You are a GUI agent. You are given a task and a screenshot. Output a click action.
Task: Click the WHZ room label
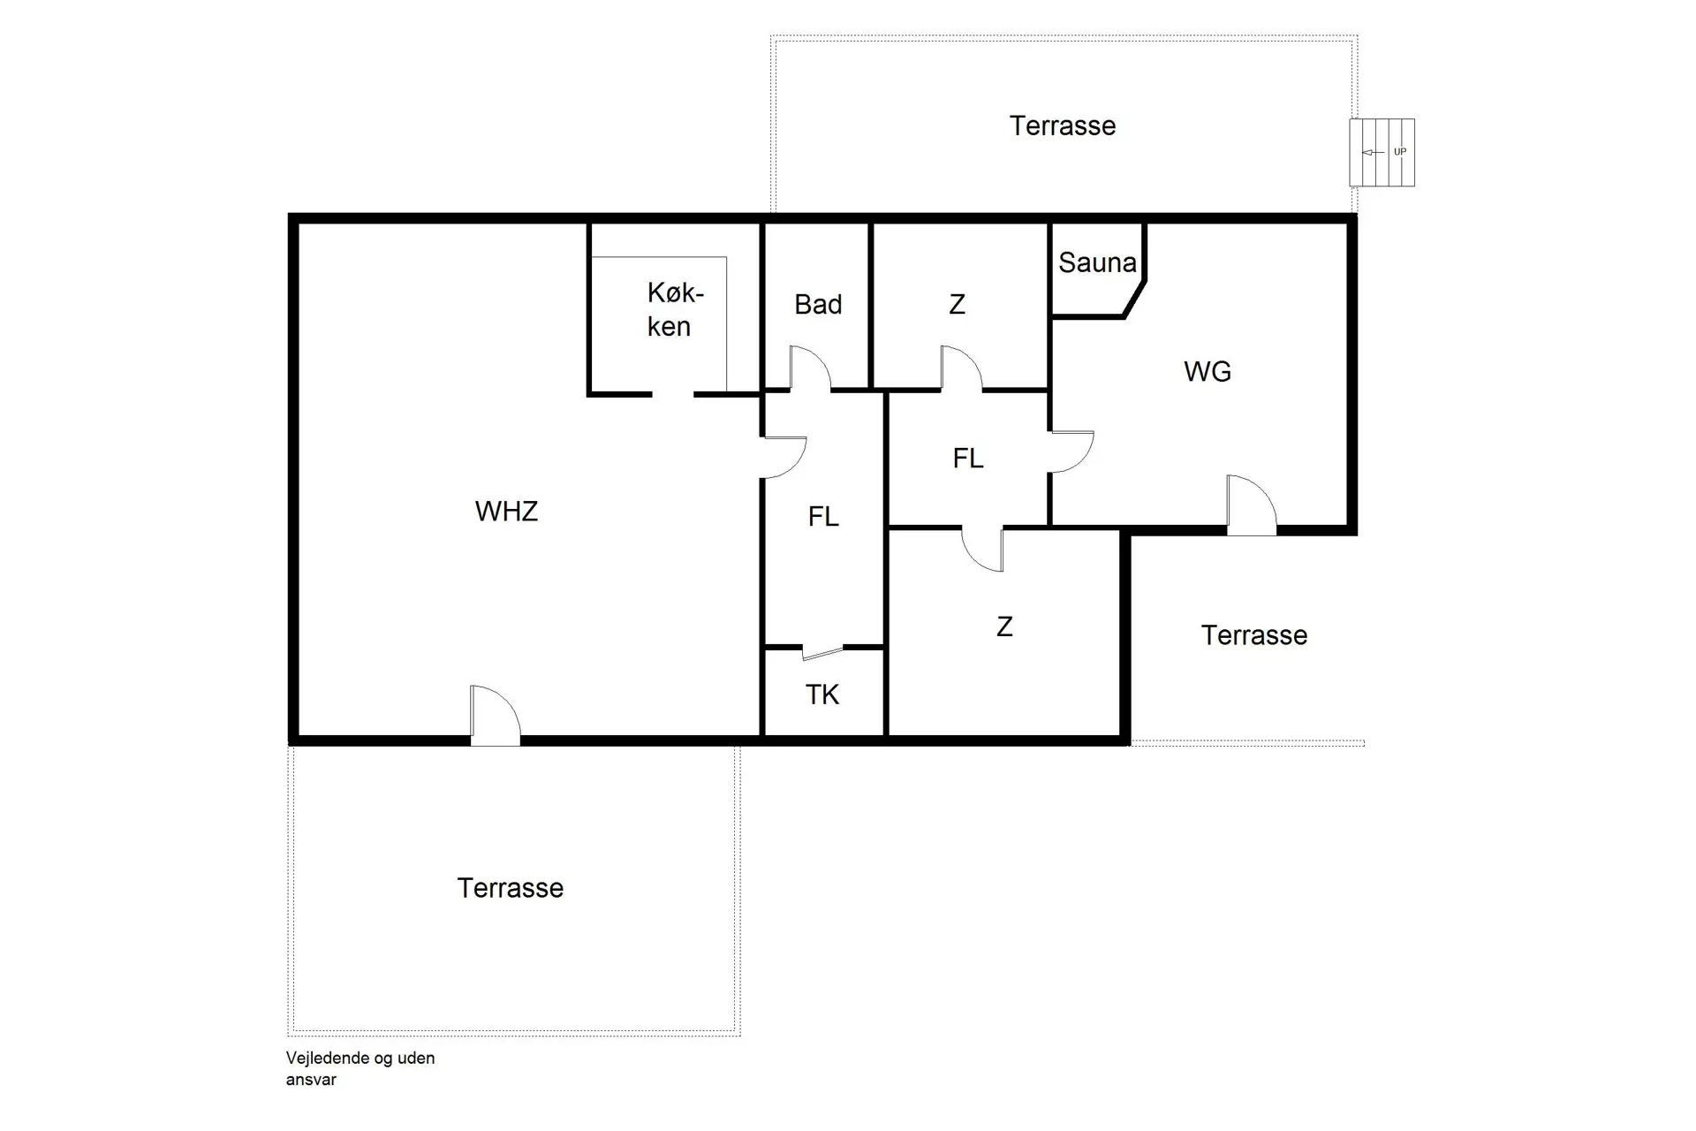click(506, 512)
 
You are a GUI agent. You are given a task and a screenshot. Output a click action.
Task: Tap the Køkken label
click(674, 309)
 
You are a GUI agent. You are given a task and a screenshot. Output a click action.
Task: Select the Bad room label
click(818, 305)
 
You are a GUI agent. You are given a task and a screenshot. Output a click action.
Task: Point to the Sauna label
click(1097, 262)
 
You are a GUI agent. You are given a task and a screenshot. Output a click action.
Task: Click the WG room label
click(1207, 371)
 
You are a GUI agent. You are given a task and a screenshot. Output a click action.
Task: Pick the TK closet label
click(822, 695)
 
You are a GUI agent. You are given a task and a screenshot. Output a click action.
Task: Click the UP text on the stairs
click(1399, 152)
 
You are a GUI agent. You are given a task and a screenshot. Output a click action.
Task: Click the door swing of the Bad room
click(809, 368)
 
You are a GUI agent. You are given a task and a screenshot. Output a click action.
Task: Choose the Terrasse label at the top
click(1063, 126)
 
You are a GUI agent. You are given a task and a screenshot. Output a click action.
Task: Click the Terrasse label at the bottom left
click(510, 888)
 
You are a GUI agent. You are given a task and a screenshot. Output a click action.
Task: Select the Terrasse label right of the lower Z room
click(1253, 635)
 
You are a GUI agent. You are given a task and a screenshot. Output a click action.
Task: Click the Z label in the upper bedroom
click(957, 305)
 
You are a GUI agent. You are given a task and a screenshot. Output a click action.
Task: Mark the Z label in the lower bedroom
click(1004, 627)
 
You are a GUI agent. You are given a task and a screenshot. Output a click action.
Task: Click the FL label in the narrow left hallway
click(823, 517)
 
